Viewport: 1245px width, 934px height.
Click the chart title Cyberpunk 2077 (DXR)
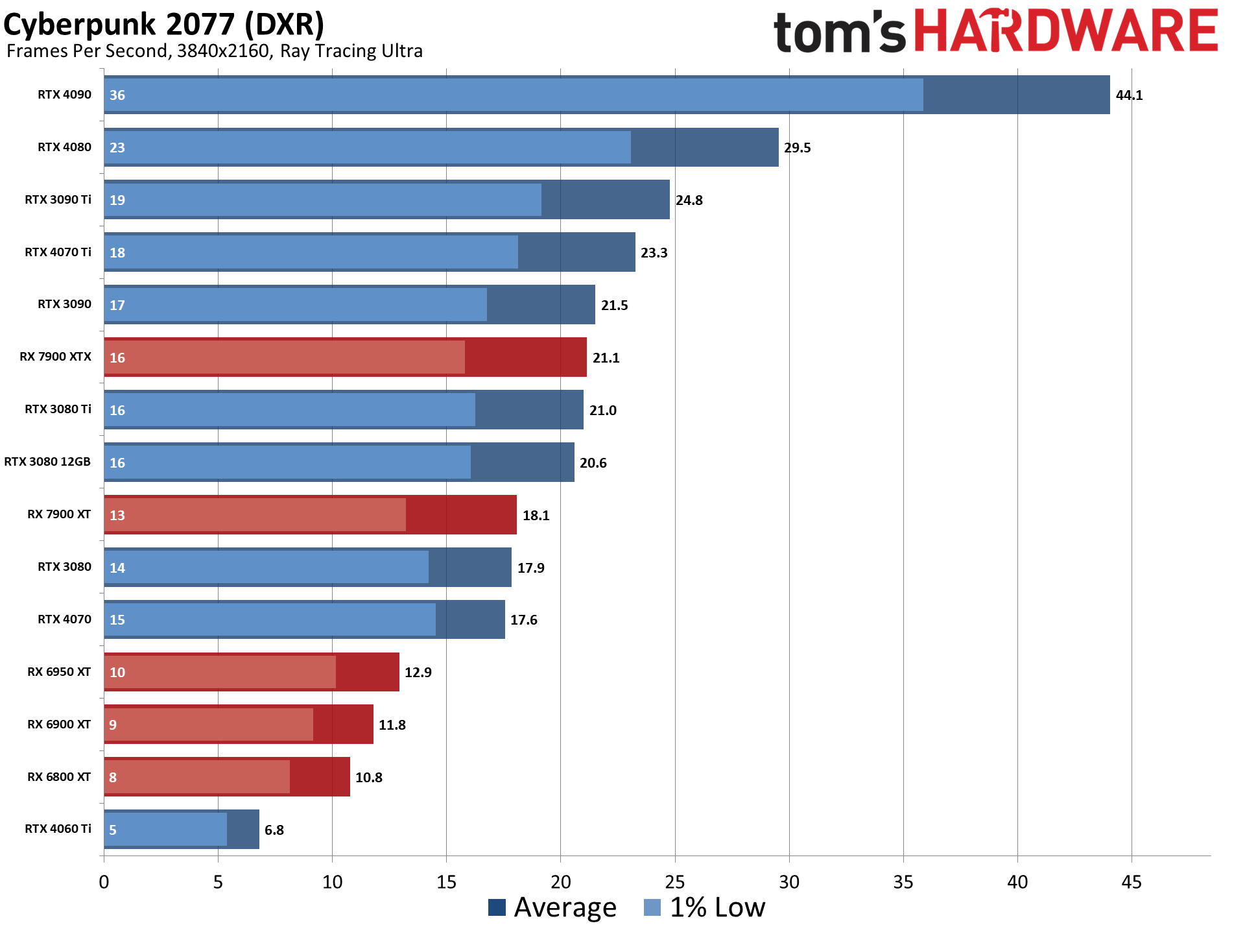coord(163,25)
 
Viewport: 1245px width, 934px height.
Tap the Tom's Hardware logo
coord(995,31)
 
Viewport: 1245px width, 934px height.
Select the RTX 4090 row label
coord(64,95)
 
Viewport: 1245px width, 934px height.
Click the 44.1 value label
coord(1129,95)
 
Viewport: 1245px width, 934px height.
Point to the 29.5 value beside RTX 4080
coord(797,148)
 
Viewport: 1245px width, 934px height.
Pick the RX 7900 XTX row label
coord(55,357)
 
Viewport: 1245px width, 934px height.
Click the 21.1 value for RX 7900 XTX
coord(606,358)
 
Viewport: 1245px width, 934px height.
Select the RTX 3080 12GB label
coord(47,462)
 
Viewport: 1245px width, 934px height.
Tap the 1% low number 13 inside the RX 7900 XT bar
coord(117,516)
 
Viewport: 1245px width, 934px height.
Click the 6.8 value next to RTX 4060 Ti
coord(274,830)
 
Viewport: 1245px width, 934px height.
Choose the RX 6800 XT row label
coord(59,777)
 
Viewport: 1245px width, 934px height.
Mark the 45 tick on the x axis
coord(1132,882)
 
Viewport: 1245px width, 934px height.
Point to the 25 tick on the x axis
coord(675,882)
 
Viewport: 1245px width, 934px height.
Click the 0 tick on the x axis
coord(104,882)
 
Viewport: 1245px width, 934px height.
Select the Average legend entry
coord(552,907)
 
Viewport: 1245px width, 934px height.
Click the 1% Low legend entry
coord(705,907)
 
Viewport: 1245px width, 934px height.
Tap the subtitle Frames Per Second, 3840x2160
coord(214,51)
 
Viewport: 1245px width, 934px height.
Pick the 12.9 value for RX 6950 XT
coord(418,673)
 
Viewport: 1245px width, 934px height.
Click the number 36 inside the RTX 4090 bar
coord(117,95)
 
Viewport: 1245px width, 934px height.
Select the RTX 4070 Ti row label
coord(58,252)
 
